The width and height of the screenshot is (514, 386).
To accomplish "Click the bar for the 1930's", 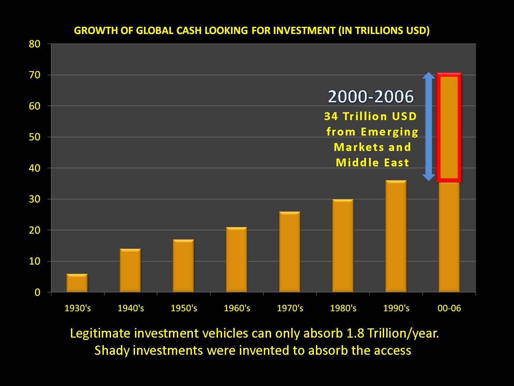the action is click(x=77, y=283).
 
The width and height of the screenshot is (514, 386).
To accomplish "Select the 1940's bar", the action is click(x=130, y=270).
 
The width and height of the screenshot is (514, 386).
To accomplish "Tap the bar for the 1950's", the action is click(x=183, y=266).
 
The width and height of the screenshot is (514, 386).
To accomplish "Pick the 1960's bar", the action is click(x=236, y=260).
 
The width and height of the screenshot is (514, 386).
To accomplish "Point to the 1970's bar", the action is click(x=290, y=252).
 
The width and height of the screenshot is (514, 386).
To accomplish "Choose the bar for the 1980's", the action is click(x=343, y=246).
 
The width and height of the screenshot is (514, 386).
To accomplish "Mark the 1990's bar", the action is click(x=396, y=236).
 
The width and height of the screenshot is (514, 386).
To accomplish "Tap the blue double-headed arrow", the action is click(x=429, y=127).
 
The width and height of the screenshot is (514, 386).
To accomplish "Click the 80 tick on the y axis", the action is click(x=34, y=44).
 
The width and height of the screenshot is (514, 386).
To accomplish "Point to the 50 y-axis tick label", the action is click(x=34, y=137).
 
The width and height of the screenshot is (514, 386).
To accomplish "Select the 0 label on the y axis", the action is click(x=37, y=292).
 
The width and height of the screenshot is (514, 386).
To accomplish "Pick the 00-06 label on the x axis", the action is click(x=449, y=308).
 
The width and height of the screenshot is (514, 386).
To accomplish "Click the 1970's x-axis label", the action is click(x=290, y=308).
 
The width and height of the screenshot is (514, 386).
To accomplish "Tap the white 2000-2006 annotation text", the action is click(x=371, y=96).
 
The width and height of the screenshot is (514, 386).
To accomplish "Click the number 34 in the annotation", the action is click(x=331, y=116).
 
